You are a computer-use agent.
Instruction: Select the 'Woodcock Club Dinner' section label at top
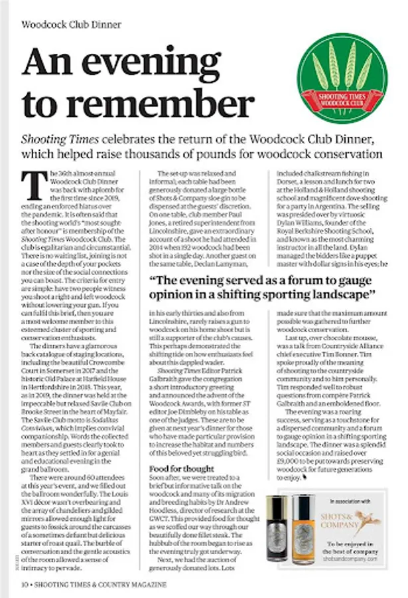pyautogui.click(x=72, y=25)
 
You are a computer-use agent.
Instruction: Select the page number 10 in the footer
pyautogui.click(x=24, y=584)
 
